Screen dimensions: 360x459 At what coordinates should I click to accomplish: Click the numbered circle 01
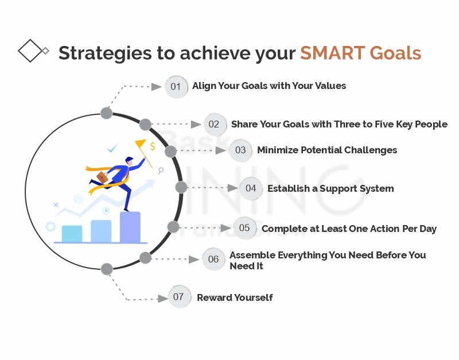click(x=176, y=87)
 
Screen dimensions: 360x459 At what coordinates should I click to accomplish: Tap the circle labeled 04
click(x=251, y=188)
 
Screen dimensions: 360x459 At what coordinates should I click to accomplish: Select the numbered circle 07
click(x=179, y=297)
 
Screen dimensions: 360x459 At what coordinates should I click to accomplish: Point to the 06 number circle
click(x=213, y=259)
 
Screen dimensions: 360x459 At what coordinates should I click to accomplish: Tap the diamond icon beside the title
click(x=31, y=51)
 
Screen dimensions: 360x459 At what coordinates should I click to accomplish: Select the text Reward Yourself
click(x=235, y=297)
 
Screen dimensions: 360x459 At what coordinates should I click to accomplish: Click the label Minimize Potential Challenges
click(x=327, y=150)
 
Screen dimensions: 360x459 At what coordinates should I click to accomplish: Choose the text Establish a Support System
click(x=330, y=188)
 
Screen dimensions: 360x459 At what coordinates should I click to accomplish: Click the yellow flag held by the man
click(x=140, y=144)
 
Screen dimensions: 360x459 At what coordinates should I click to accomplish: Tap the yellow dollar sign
click(x=153, y=146)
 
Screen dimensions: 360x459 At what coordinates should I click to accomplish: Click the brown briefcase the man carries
click(x=102, y=177)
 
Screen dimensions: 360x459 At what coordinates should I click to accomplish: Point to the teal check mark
click(x=112, y=148)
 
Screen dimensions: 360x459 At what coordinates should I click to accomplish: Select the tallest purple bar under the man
click(x=130, y=227)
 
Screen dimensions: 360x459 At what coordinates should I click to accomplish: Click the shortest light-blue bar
click(x=72, y=234)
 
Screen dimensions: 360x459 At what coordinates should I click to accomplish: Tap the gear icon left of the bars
click(x=50, y=226)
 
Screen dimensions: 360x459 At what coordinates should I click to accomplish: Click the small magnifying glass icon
click(x=161, y=171)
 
